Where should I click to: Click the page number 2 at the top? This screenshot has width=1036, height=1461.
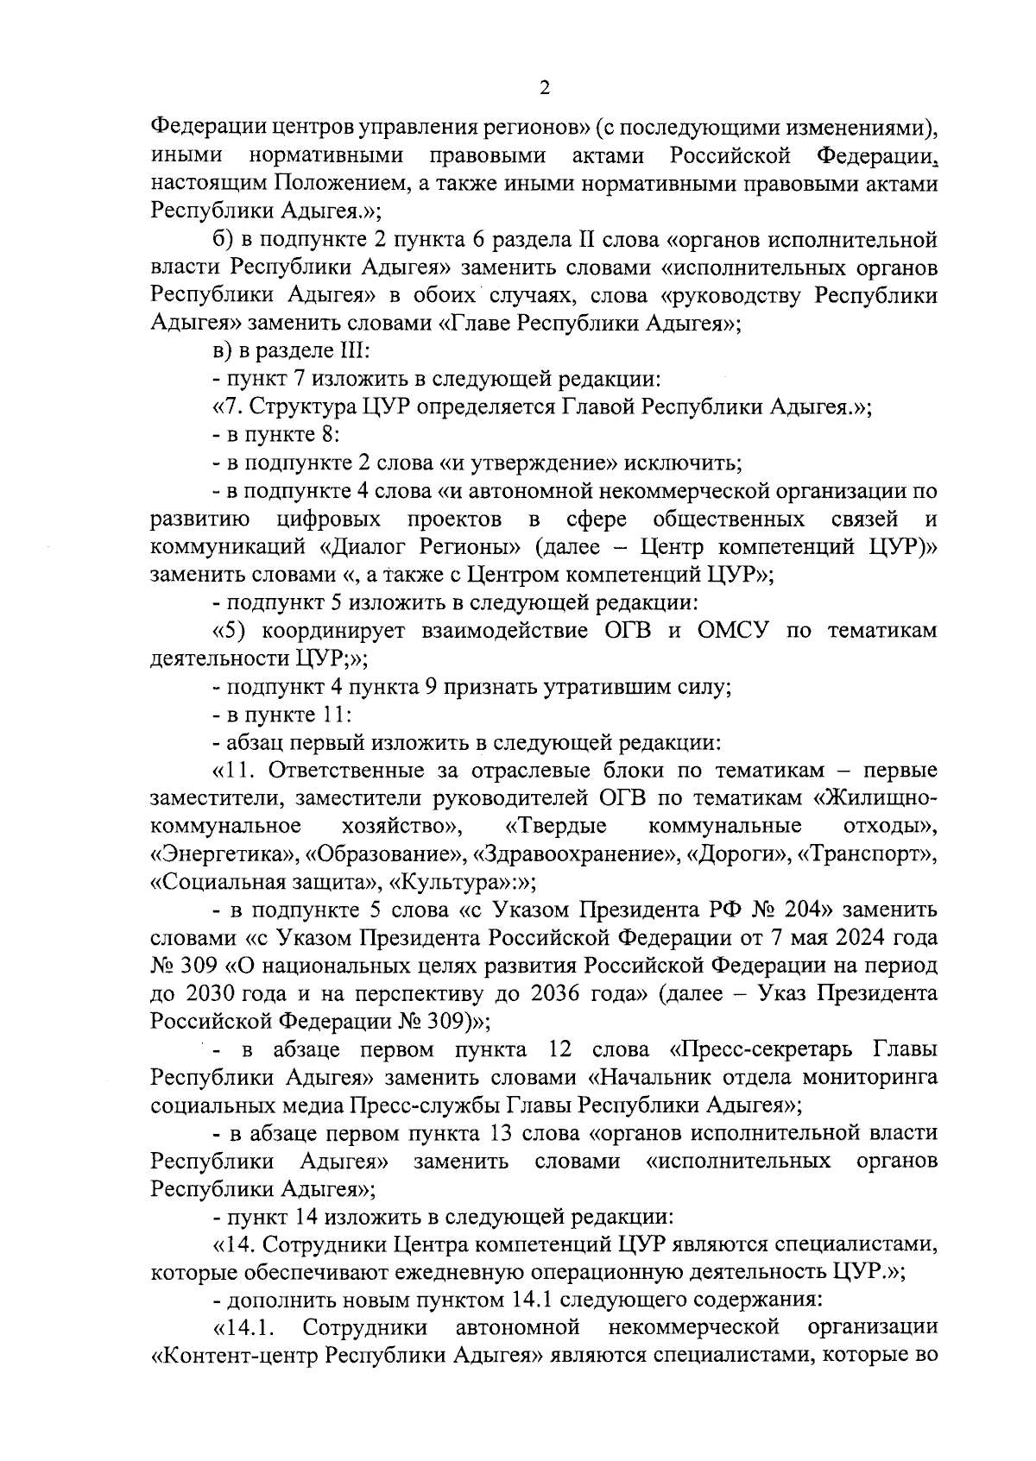click(543, 88)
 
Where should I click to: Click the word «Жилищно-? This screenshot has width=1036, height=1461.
click(875, 798)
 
